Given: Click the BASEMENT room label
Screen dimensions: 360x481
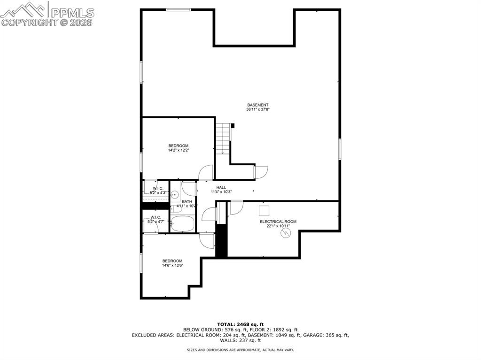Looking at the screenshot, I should pos(258,105).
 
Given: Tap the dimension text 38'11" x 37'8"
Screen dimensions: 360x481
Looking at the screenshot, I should pos(258,109).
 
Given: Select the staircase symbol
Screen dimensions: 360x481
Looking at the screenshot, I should pos(224,138).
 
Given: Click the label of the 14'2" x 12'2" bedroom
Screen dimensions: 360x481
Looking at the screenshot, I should pos(178,146).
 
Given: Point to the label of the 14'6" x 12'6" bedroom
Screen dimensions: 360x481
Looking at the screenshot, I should pos(172,261).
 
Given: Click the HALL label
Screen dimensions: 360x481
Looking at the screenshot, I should pos(221,187).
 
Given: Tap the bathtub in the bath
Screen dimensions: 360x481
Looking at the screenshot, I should pos(183,224).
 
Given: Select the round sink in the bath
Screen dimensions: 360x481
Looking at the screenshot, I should pos(175,194).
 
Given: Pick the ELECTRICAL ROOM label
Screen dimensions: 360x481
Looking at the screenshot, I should pos(278,222).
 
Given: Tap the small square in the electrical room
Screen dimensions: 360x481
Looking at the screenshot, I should pos(264,210).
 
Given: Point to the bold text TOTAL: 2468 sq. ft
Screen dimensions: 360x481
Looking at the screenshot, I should pos(240,324).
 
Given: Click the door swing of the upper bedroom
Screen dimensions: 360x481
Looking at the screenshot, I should pos(206,173).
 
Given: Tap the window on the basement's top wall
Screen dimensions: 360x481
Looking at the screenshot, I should pos(178,9).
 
